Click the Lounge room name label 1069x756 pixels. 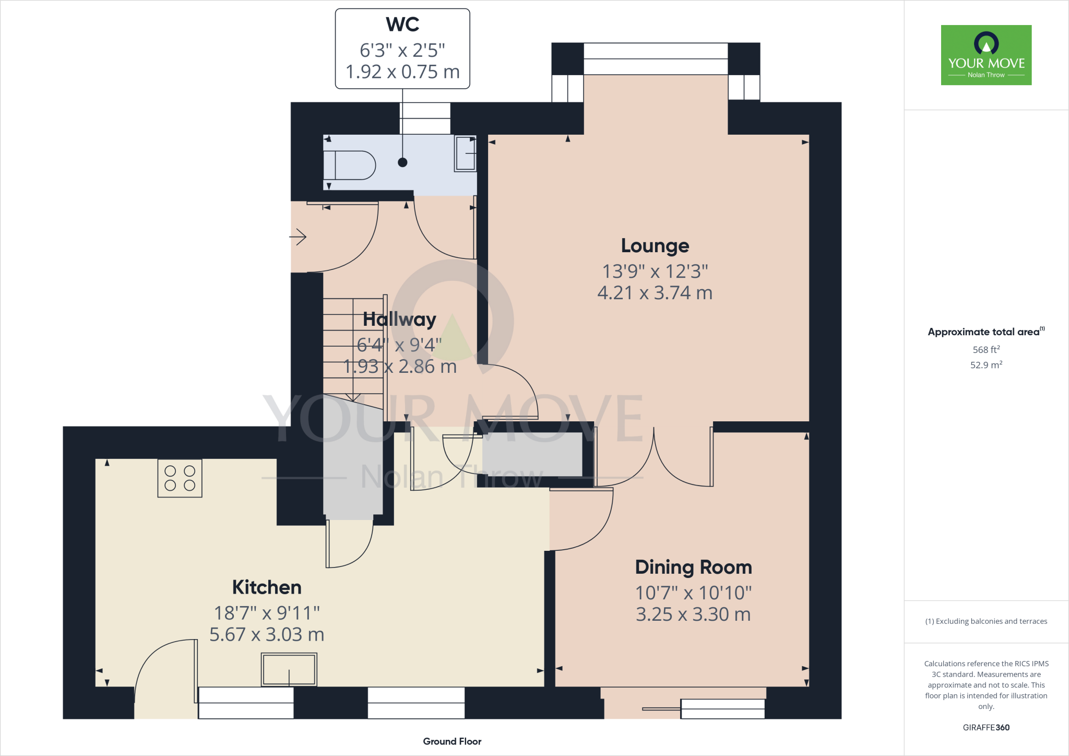point(655,245)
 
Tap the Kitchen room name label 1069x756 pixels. point(267,587)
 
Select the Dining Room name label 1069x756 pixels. point(693,567)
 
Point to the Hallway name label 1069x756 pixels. point(399,319)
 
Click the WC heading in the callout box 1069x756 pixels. point(402,25)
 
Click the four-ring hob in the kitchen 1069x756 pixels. point(180,478)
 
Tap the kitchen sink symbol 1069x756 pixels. point(289,669)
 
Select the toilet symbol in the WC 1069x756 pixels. point(349,166)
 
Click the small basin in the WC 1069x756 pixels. point(465,153)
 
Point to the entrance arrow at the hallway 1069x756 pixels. point(298,237)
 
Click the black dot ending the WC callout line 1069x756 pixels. point(402,162)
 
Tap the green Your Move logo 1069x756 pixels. point(986,55)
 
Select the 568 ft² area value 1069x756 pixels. point(986,350)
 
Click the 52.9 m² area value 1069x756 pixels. point(986,365)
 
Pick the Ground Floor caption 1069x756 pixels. point(452,741)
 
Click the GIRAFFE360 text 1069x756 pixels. point(986,727)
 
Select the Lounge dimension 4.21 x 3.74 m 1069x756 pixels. point(655,293)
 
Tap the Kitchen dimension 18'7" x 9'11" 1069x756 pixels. point(267,613)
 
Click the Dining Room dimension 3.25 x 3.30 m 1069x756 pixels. point(693,615)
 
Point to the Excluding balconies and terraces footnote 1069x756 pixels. point(986,621)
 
